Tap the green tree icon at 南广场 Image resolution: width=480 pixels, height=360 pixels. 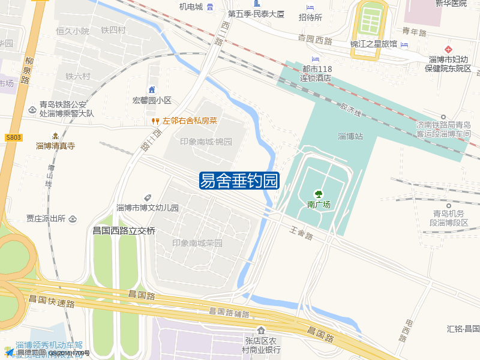(x=319, y=194)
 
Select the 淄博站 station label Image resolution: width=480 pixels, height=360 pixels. (x=350, y=136)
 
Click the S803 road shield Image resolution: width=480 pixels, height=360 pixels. (x=13, y=137)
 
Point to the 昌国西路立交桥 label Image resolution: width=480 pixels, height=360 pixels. (x=124, y=230)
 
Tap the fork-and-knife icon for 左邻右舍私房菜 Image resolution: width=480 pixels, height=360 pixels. (x=155, y=121)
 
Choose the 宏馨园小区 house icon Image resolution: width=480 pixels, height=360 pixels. (x=152, y=89)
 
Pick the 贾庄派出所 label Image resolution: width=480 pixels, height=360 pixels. (x=46, y=219)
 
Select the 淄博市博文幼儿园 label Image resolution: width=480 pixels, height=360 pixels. (x=148, y=208)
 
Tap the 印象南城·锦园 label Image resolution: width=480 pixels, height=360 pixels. (x=206, y=142)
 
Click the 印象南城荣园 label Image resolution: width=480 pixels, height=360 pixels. (x=197, y=243)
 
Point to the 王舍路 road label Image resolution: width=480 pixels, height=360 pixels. (x=301, y=233)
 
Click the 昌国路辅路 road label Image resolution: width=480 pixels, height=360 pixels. (x=229, y=312)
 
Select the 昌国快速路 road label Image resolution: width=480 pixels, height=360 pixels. (x=51, y=302)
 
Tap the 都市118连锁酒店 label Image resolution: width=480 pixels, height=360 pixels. (x=317, y=73)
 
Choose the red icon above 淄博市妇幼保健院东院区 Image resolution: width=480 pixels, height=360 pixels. (x=448, y=49)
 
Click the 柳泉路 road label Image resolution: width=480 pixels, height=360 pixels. (x=26, y=70)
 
